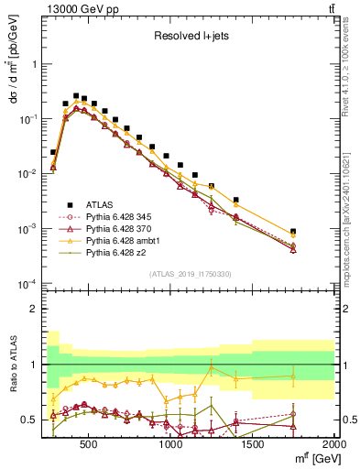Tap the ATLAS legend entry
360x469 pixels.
click(x=94, y=204)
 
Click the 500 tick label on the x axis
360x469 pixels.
click(x=88, y=446)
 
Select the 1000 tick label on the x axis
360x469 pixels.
click(x=171, y=446)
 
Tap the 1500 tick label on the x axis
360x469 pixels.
click(x=254, y=446)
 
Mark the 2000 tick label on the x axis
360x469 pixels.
click(x=333, y=446)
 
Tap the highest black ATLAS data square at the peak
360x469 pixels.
click(x=75, y=94)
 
